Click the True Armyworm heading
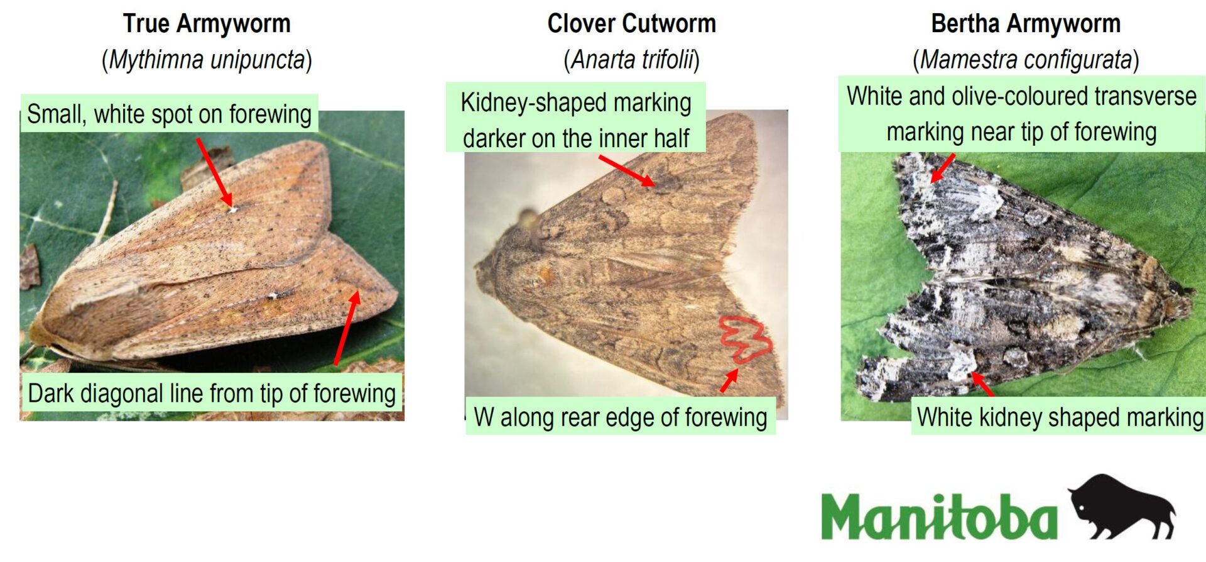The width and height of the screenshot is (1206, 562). click(207, 24)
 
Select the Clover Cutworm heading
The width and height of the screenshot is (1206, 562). click(631, 24)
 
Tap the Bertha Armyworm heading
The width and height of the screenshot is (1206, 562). click(1026, 24)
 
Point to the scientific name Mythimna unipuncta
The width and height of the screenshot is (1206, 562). click(207, 60)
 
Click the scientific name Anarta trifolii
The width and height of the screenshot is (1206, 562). click(632, 60)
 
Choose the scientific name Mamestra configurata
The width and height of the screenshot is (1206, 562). click(1026, 60)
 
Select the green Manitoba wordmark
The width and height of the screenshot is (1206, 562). click(938, 515)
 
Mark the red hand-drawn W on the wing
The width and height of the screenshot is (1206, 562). click(746, 339)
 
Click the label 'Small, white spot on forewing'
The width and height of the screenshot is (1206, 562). click(169, 114)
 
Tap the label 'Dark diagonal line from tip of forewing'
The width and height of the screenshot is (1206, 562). click(212, 394)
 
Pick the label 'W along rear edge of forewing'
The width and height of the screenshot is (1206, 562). click(621, 417)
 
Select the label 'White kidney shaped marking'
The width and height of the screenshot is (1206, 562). click(1060, 417)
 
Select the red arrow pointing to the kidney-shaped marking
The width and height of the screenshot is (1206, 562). click(626, 170)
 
